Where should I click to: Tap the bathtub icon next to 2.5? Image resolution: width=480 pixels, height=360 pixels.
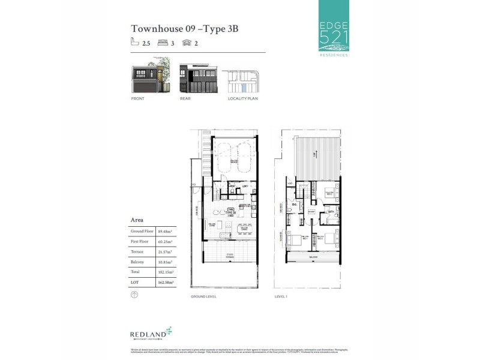pos(135,43)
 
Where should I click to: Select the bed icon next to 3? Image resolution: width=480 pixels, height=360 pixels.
pos(162,43)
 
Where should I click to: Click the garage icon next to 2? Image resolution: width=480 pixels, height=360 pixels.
pos(187,43)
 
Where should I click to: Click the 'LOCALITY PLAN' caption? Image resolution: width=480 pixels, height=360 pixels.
pos(242,98)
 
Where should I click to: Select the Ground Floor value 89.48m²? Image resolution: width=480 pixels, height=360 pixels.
pos(165,231)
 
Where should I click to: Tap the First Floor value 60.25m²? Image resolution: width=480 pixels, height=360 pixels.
pos(165,242)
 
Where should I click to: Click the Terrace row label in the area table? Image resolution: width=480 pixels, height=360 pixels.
pos(137,252)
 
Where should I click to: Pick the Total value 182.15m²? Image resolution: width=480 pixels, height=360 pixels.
pos(165,272)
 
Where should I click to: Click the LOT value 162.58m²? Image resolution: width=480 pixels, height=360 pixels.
pos(165,282)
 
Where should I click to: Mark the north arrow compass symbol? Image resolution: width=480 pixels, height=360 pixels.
pos(134,295)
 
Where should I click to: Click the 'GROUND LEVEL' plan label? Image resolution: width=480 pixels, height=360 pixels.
pos(203,296)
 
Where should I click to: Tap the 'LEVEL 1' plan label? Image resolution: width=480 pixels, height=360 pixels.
pos(281,296)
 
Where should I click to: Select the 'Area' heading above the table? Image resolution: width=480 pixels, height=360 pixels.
pos(137,220)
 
